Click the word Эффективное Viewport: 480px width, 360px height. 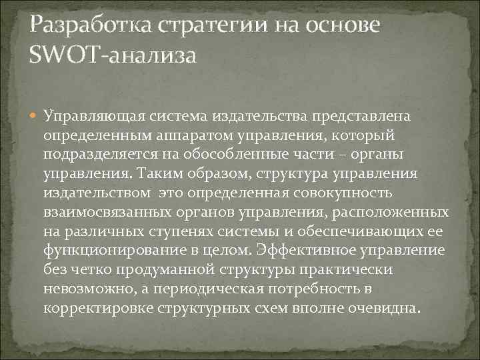point(307,251)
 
